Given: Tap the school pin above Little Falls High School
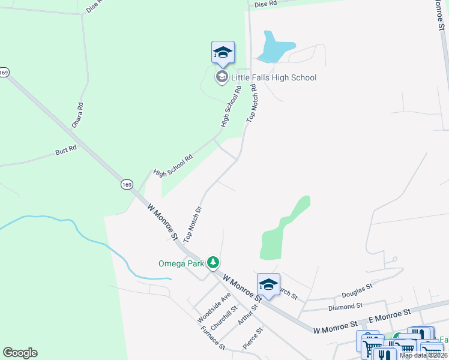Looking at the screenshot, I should tap(223, 53).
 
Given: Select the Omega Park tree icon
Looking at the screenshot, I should tap(212, 262).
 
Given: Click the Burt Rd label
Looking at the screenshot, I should tap(66, 148).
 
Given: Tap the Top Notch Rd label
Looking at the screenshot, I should tap(251, 103).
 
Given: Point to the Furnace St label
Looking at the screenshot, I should tap(212, 338).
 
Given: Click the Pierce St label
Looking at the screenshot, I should tap(253, 338).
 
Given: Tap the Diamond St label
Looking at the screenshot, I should tap(345, 306).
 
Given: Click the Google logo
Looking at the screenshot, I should tap(20, 353).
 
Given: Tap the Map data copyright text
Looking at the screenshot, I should tap(423, 355).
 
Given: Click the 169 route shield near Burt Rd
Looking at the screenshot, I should tap(126, 184).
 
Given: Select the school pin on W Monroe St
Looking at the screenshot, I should tap(268, 285).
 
